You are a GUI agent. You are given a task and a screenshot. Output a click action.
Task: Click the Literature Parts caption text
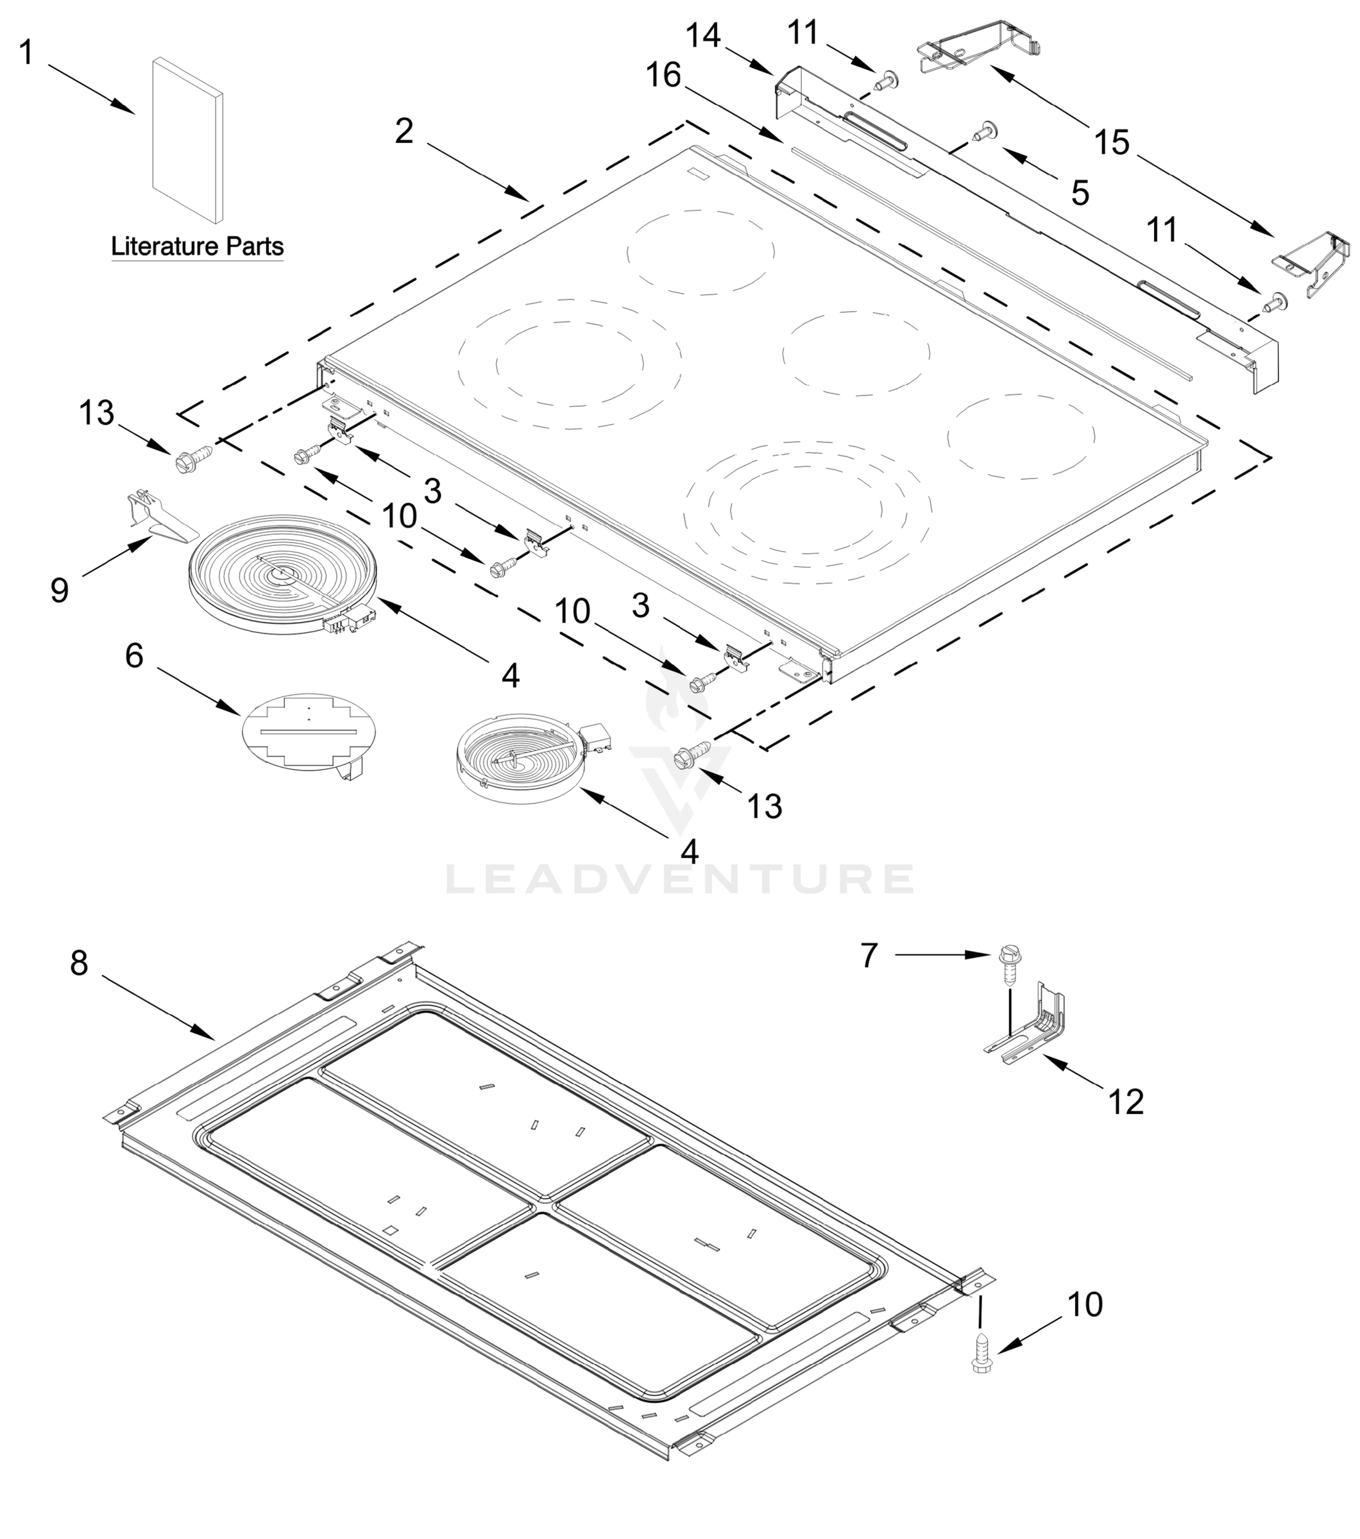[198, 246]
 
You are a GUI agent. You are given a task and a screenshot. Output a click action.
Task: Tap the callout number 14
[703, 36]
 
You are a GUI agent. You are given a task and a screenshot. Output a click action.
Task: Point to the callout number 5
[1080, 194]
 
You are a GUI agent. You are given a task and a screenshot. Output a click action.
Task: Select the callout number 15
[1112, 142]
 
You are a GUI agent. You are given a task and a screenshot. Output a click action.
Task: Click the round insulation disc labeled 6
[308, 732]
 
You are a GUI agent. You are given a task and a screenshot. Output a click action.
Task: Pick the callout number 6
[134, 655]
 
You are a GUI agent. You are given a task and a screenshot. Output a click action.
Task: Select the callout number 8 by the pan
[79, 963]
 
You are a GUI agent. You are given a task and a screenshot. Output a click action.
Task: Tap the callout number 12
[1126, 1102]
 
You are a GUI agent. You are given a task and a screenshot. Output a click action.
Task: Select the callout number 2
[404, 131]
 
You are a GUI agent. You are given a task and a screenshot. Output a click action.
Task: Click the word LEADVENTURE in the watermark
[679, 879]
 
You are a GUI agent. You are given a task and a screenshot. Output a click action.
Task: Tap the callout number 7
[869, 955]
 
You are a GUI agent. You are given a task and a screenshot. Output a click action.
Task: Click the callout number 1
[26, 53]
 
